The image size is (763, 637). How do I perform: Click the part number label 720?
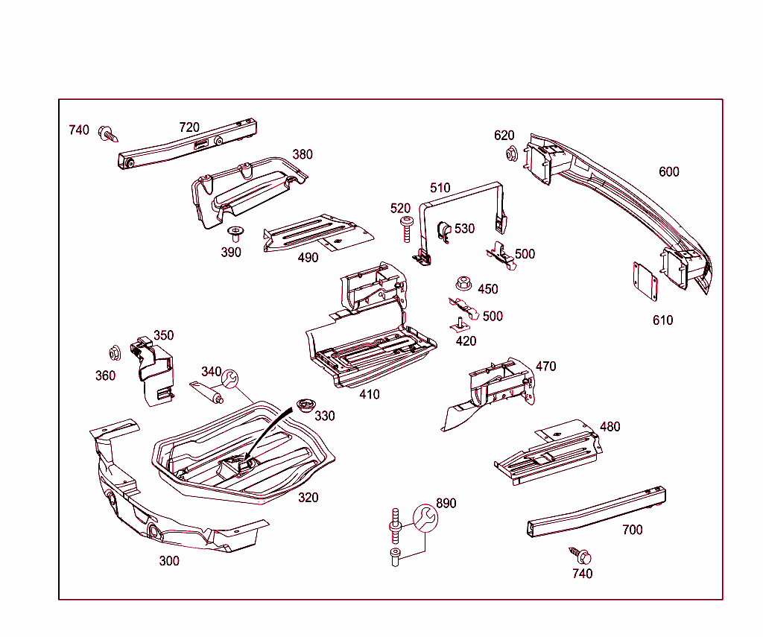[x=189, y=127]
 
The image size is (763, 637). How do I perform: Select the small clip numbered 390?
[x=236, y=234]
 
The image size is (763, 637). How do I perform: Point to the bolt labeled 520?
[x=406, y=228]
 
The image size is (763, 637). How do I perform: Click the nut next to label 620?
[x=512, y=155]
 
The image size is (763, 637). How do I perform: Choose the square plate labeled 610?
[x=645, y=281]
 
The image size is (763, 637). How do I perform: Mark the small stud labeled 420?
[x=460, y=324]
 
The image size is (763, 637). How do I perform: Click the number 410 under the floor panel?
[x=369, y=394]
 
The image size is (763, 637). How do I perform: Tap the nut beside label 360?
[x=115, y=352]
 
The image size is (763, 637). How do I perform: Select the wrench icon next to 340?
[x=230, y=379]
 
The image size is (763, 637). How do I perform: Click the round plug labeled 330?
[x=305, y=405]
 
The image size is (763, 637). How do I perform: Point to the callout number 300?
[x=169, y=561]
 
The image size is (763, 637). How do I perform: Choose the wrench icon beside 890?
[x=422, y=518]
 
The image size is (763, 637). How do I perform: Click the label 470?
[x=545, y=366]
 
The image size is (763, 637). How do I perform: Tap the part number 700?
[x=632, y=530]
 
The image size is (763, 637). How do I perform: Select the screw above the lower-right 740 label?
[x=580, y=556]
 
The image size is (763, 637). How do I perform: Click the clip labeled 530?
[x=443, y=231]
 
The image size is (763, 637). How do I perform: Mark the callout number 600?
[x=669, y=171]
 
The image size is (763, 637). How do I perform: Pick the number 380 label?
[x=303, y=154]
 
